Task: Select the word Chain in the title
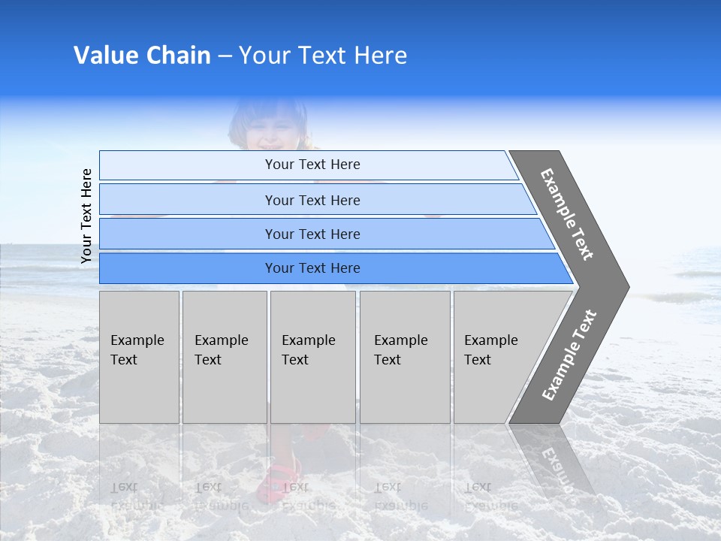click(x=179, y=56)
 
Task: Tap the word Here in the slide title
click(x=380, y=56)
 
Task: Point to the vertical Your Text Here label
click(x=86, y=216)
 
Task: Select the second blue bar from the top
click(x=312, y=200)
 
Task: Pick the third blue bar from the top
click(x=312, y=234)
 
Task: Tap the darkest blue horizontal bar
click(x=312, y=268)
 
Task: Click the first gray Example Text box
click(x=139, y=357)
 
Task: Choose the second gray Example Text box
click(x=225, y=357)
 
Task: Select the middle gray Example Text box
click(x=312, y=357)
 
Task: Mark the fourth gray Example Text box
click(x=405, y=357)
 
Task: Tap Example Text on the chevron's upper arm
click(x=567, y=214)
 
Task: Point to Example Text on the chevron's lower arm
click(x=569, y=355)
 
